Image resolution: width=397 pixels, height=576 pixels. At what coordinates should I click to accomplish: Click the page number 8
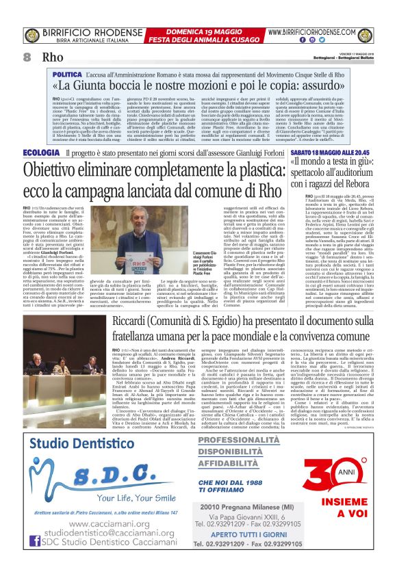[27, 57]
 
